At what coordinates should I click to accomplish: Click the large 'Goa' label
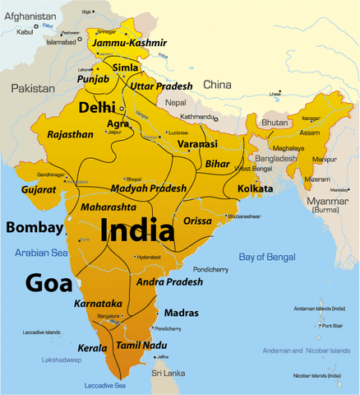click(48, 281)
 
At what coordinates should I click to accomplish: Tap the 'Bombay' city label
click(34, 227)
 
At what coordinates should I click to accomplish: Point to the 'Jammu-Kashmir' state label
click(130, 43)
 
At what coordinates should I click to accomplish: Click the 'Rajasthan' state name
click(71, 134)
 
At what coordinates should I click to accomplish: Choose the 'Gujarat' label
click(39, 189)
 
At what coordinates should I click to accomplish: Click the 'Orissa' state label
click(196, 221)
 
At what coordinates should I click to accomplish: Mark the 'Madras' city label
click(181, 314)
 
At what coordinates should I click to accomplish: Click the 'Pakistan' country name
click(32, 86)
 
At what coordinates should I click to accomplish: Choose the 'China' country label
click(218, 84)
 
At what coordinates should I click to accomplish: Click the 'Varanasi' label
click(197, 145)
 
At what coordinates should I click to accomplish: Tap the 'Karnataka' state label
click(98, 304)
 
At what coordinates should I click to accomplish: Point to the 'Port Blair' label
click(333, 325)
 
